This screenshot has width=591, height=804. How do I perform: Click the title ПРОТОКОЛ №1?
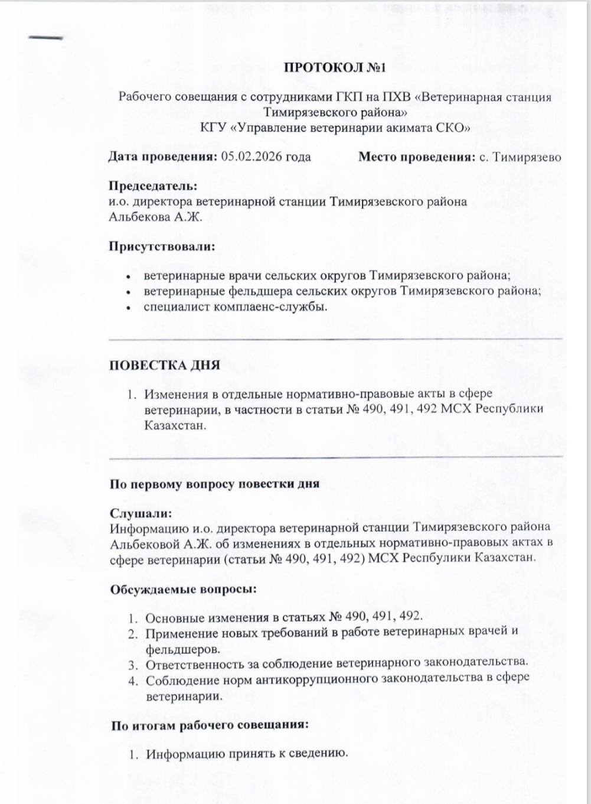tap(335, 67)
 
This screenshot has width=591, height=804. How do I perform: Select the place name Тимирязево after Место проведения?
tap(527, 157)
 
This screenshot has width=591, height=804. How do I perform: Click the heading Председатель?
tap(152, 187)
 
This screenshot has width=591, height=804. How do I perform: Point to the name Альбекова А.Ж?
tap(155, 217)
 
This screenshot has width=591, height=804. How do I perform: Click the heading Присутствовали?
tap(161, 246)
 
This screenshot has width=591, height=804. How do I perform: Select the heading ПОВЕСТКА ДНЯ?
tap(164, 365)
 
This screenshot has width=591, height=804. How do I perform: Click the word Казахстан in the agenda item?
tap(175, 425)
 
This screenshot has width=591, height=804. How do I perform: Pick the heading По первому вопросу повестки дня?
tap(214, 484)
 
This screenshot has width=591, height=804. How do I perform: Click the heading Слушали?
tap(140, 514)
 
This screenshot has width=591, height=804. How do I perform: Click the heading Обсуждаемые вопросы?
tap(183, 589)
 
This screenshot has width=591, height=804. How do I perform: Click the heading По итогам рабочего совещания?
tap(210, 725)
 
